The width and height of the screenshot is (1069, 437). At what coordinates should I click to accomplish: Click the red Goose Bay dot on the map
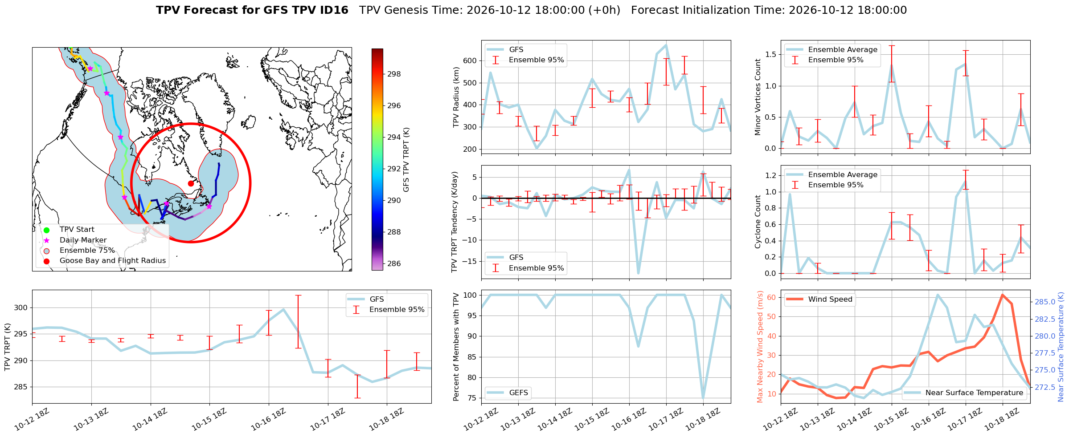(x=191, y=183)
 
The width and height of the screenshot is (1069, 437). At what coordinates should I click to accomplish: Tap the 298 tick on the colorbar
(x=394, y=74)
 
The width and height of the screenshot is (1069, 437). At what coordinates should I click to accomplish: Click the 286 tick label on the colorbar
(x=394, y=264)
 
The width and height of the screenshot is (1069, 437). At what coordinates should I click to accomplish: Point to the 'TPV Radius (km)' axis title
(x=456, y=97)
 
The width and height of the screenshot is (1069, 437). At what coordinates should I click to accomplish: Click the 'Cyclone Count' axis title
(x=758, y=222)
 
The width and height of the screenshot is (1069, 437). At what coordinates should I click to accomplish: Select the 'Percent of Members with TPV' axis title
(x=456, y=347)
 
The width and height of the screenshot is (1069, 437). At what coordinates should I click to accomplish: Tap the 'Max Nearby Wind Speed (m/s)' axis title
(x=760, y=347)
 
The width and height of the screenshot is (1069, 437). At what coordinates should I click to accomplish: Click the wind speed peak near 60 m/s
(x=1002, y=295)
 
